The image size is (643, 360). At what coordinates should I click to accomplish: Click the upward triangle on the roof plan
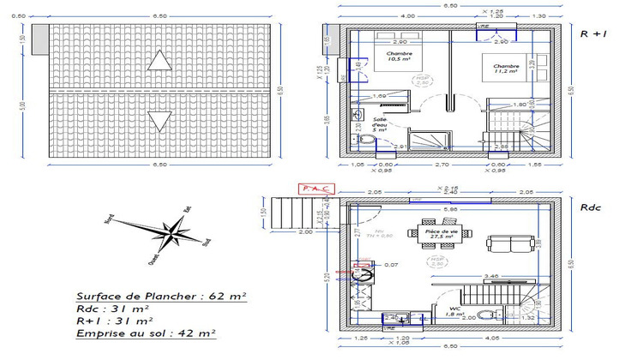159,60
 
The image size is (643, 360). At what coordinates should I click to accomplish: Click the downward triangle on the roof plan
159,120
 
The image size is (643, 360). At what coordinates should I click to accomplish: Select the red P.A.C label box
313,189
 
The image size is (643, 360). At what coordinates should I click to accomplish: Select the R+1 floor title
593,35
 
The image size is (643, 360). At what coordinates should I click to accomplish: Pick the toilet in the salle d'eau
364,140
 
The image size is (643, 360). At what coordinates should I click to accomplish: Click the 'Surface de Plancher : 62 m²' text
160,296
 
